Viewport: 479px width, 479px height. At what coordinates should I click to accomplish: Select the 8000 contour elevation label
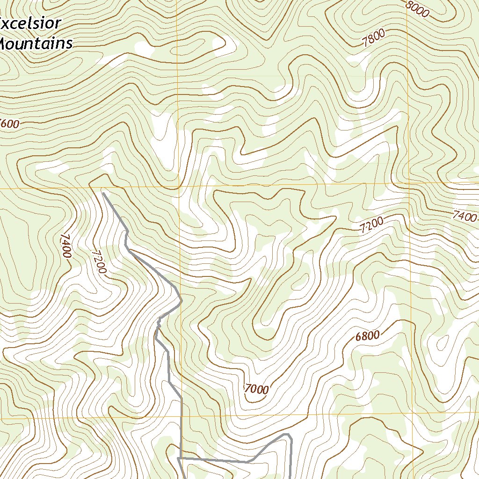coord(417,9)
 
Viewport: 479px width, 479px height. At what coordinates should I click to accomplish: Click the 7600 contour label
coord(9,124)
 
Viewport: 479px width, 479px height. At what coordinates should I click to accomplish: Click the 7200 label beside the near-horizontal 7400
coord(371,225)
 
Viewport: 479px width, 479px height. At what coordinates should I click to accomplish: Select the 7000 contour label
coord(256,389)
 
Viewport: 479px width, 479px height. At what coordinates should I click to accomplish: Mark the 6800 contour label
coord(367,335)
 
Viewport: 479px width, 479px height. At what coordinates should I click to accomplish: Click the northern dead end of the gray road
coord(103,192)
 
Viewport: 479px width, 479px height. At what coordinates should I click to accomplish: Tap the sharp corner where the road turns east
coord(180,459)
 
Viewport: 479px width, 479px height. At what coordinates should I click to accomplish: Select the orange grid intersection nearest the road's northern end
coord(178,188)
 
